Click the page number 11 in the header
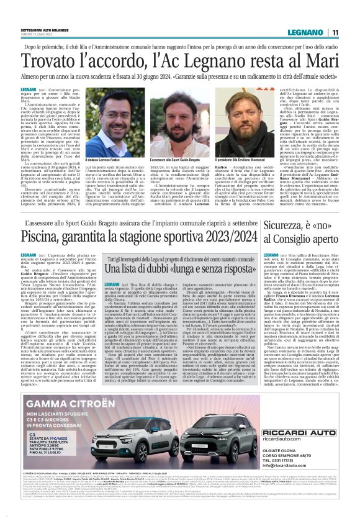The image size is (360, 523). click(335, 32)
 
